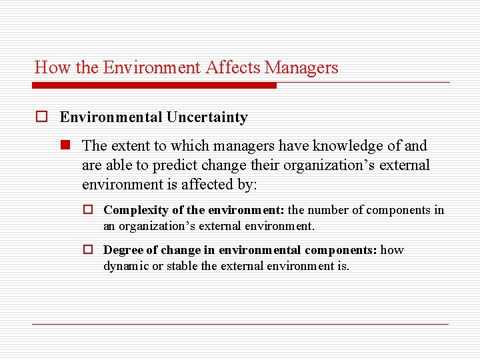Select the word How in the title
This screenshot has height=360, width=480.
click(x=47, y=67)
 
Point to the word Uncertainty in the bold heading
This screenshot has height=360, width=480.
click(x=207, y=117)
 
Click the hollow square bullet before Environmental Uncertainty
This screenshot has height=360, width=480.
click(x=41, y=117)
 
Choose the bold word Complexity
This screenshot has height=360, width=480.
click(x=136, y=210)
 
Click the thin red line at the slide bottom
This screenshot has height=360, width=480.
click(x=240, y=324)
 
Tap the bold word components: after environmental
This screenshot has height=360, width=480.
click(x=341, y=250)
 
